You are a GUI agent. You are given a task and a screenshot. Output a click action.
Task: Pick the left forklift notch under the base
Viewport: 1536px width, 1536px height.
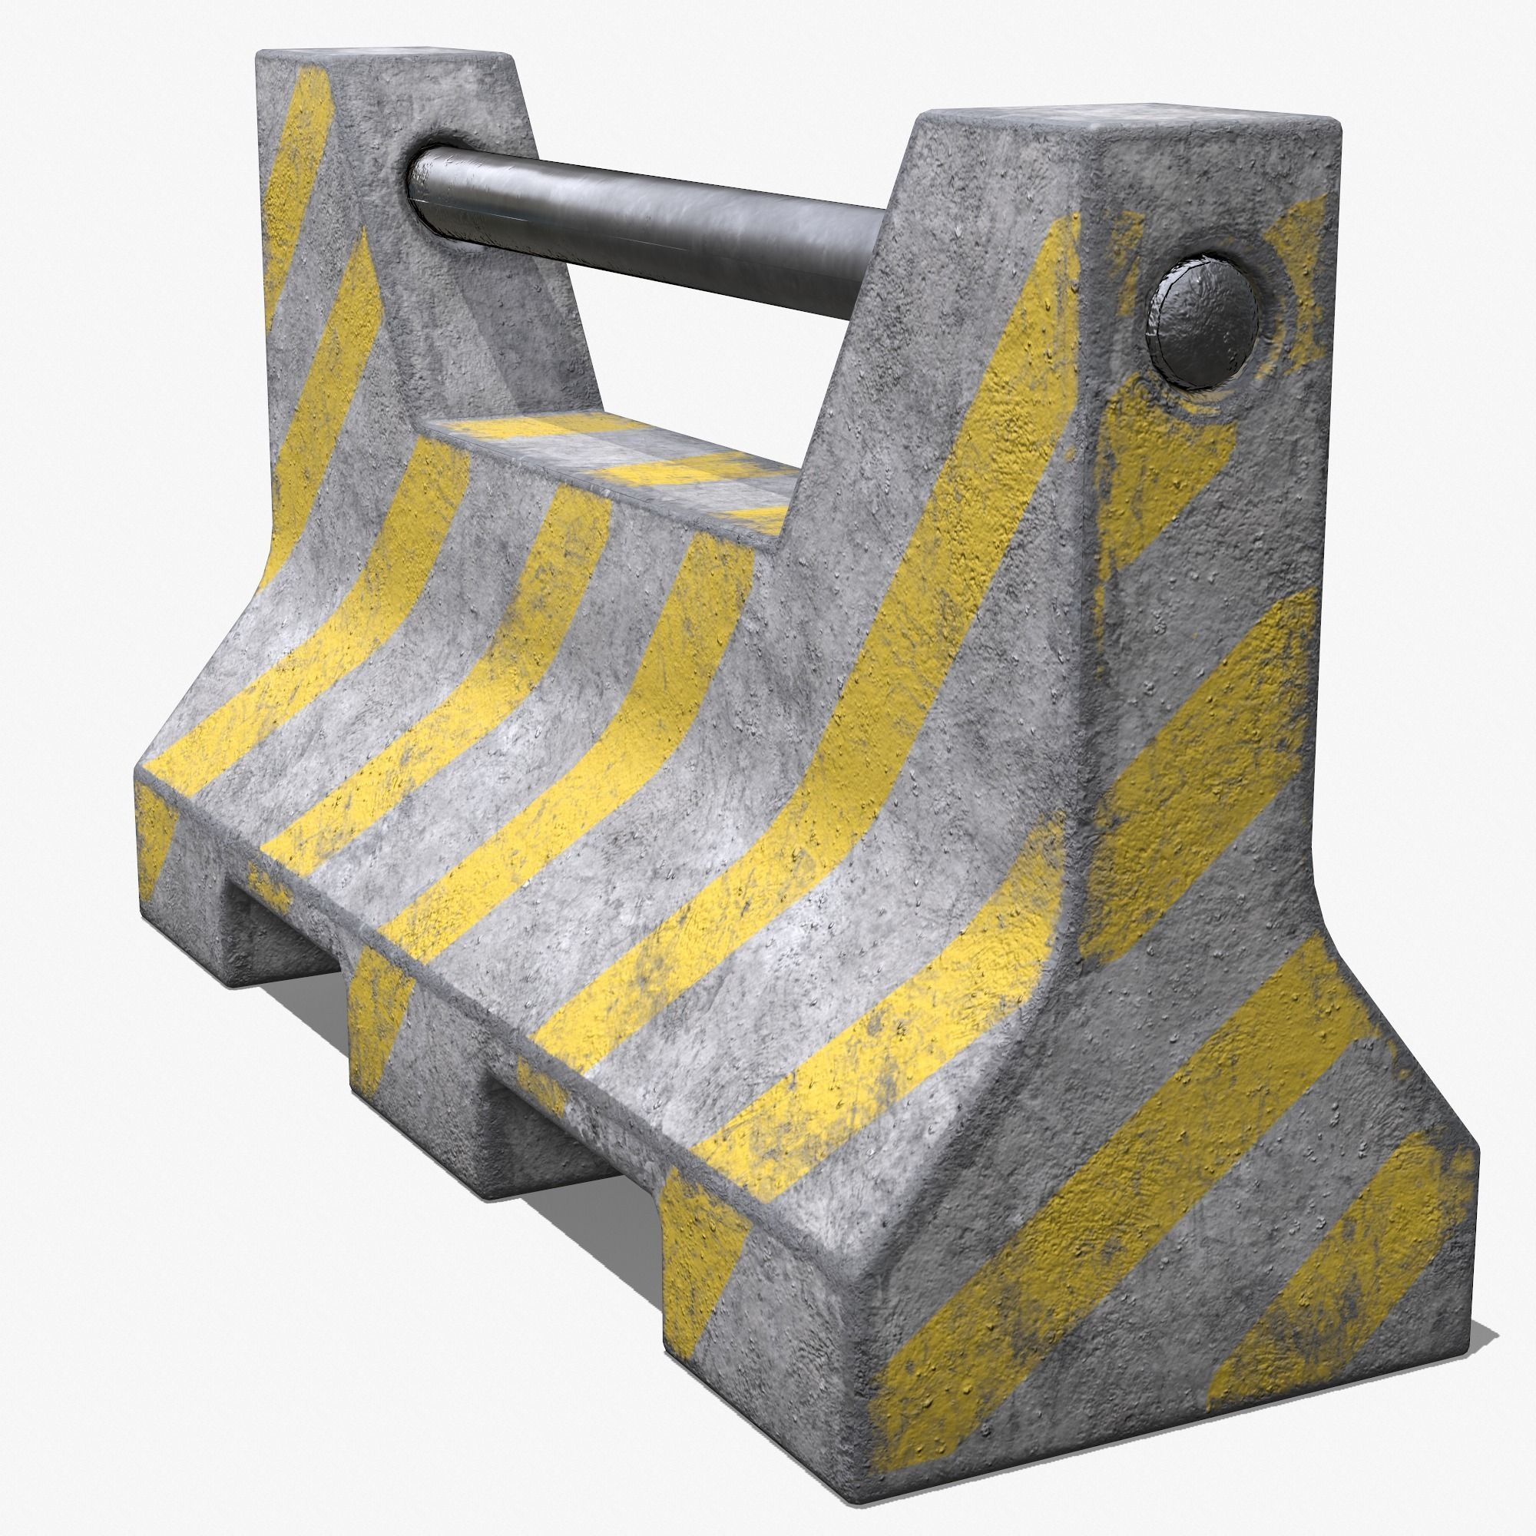[x=282, y=926]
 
